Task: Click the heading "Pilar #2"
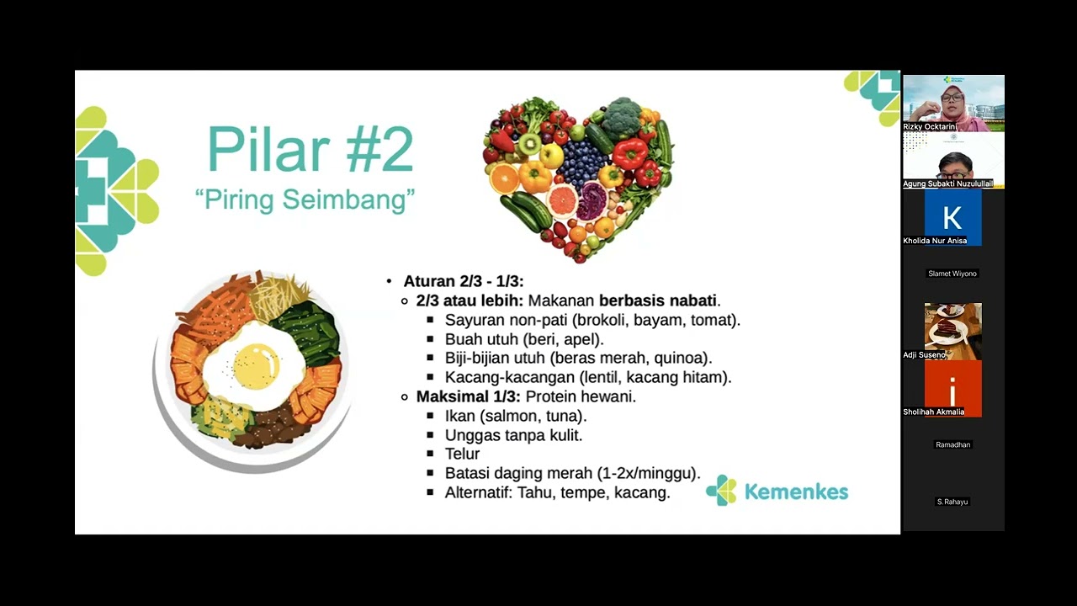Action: (x=310, y=150)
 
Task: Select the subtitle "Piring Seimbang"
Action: (x=305, y=200)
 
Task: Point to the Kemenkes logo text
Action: (x=796, y=492)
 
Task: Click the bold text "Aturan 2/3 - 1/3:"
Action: (x=464, y=281)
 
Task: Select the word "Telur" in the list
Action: (x=462, y=454)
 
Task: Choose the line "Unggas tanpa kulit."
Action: (x=513, y=435)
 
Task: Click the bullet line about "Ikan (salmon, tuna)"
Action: (x=515, y=416)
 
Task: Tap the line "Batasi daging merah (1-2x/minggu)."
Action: (x=572, y=473)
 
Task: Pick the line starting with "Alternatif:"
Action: (x=557, y=492)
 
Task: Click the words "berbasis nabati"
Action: (x=657, y=300)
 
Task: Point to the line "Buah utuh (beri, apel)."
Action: (x=524, y=339)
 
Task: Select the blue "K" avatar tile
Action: (x=952, y=217)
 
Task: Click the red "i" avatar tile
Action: (x=952, y=389)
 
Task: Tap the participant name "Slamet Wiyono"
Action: (x=952, y=274)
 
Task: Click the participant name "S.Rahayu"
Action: (x=952, y=502)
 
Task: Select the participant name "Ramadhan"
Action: (x=952, y=444)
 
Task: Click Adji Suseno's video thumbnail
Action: (x=952, y=327)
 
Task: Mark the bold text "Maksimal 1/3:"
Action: (x=468, y=396)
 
